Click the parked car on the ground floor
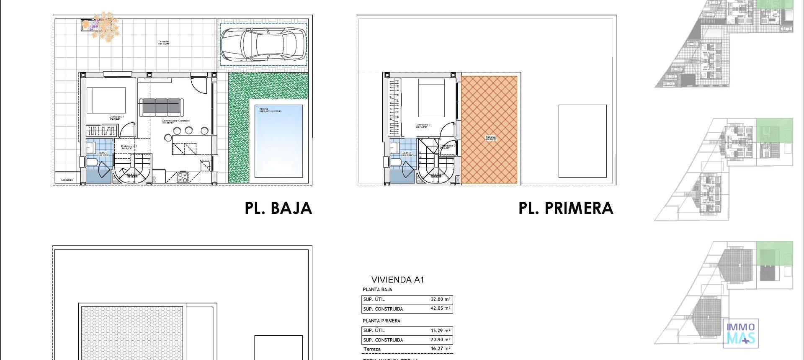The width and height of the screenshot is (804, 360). [x=263, y=44]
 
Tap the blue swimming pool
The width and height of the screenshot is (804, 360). [x=278, y=144]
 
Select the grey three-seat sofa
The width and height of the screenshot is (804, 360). [x=161, y=107]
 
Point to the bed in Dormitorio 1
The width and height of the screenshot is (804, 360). [x=106, y=100]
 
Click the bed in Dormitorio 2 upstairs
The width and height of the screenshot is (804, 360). [x=431, y=98]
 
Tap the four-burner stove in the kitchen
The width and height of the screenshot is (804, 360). [x=183, y=177]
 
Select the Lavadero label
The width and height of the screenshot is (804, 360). [x=67, y=180]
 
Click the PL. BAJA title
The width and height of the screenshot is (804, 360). [x=278, y=208]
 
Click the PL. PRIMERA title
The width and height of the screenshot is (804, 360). [x=565, y=208]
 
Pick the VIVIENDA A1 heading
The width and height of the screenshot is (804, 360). [x=397, y=280]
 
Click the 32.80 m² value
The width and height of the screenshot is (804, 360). [x=441, y=299]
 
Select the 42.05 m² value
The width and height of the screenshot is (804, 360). [x=441, y=309]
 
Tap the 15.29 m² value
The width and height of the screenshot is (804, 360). [x=441, y=330]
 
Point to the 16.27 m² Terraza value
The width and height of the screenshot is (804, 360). [x=441, y=348]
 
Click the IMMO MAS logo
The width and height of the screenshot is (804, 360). [x=740, y=333]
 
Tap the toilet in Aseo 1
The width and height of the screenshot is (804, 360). [x=91, y=162]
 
